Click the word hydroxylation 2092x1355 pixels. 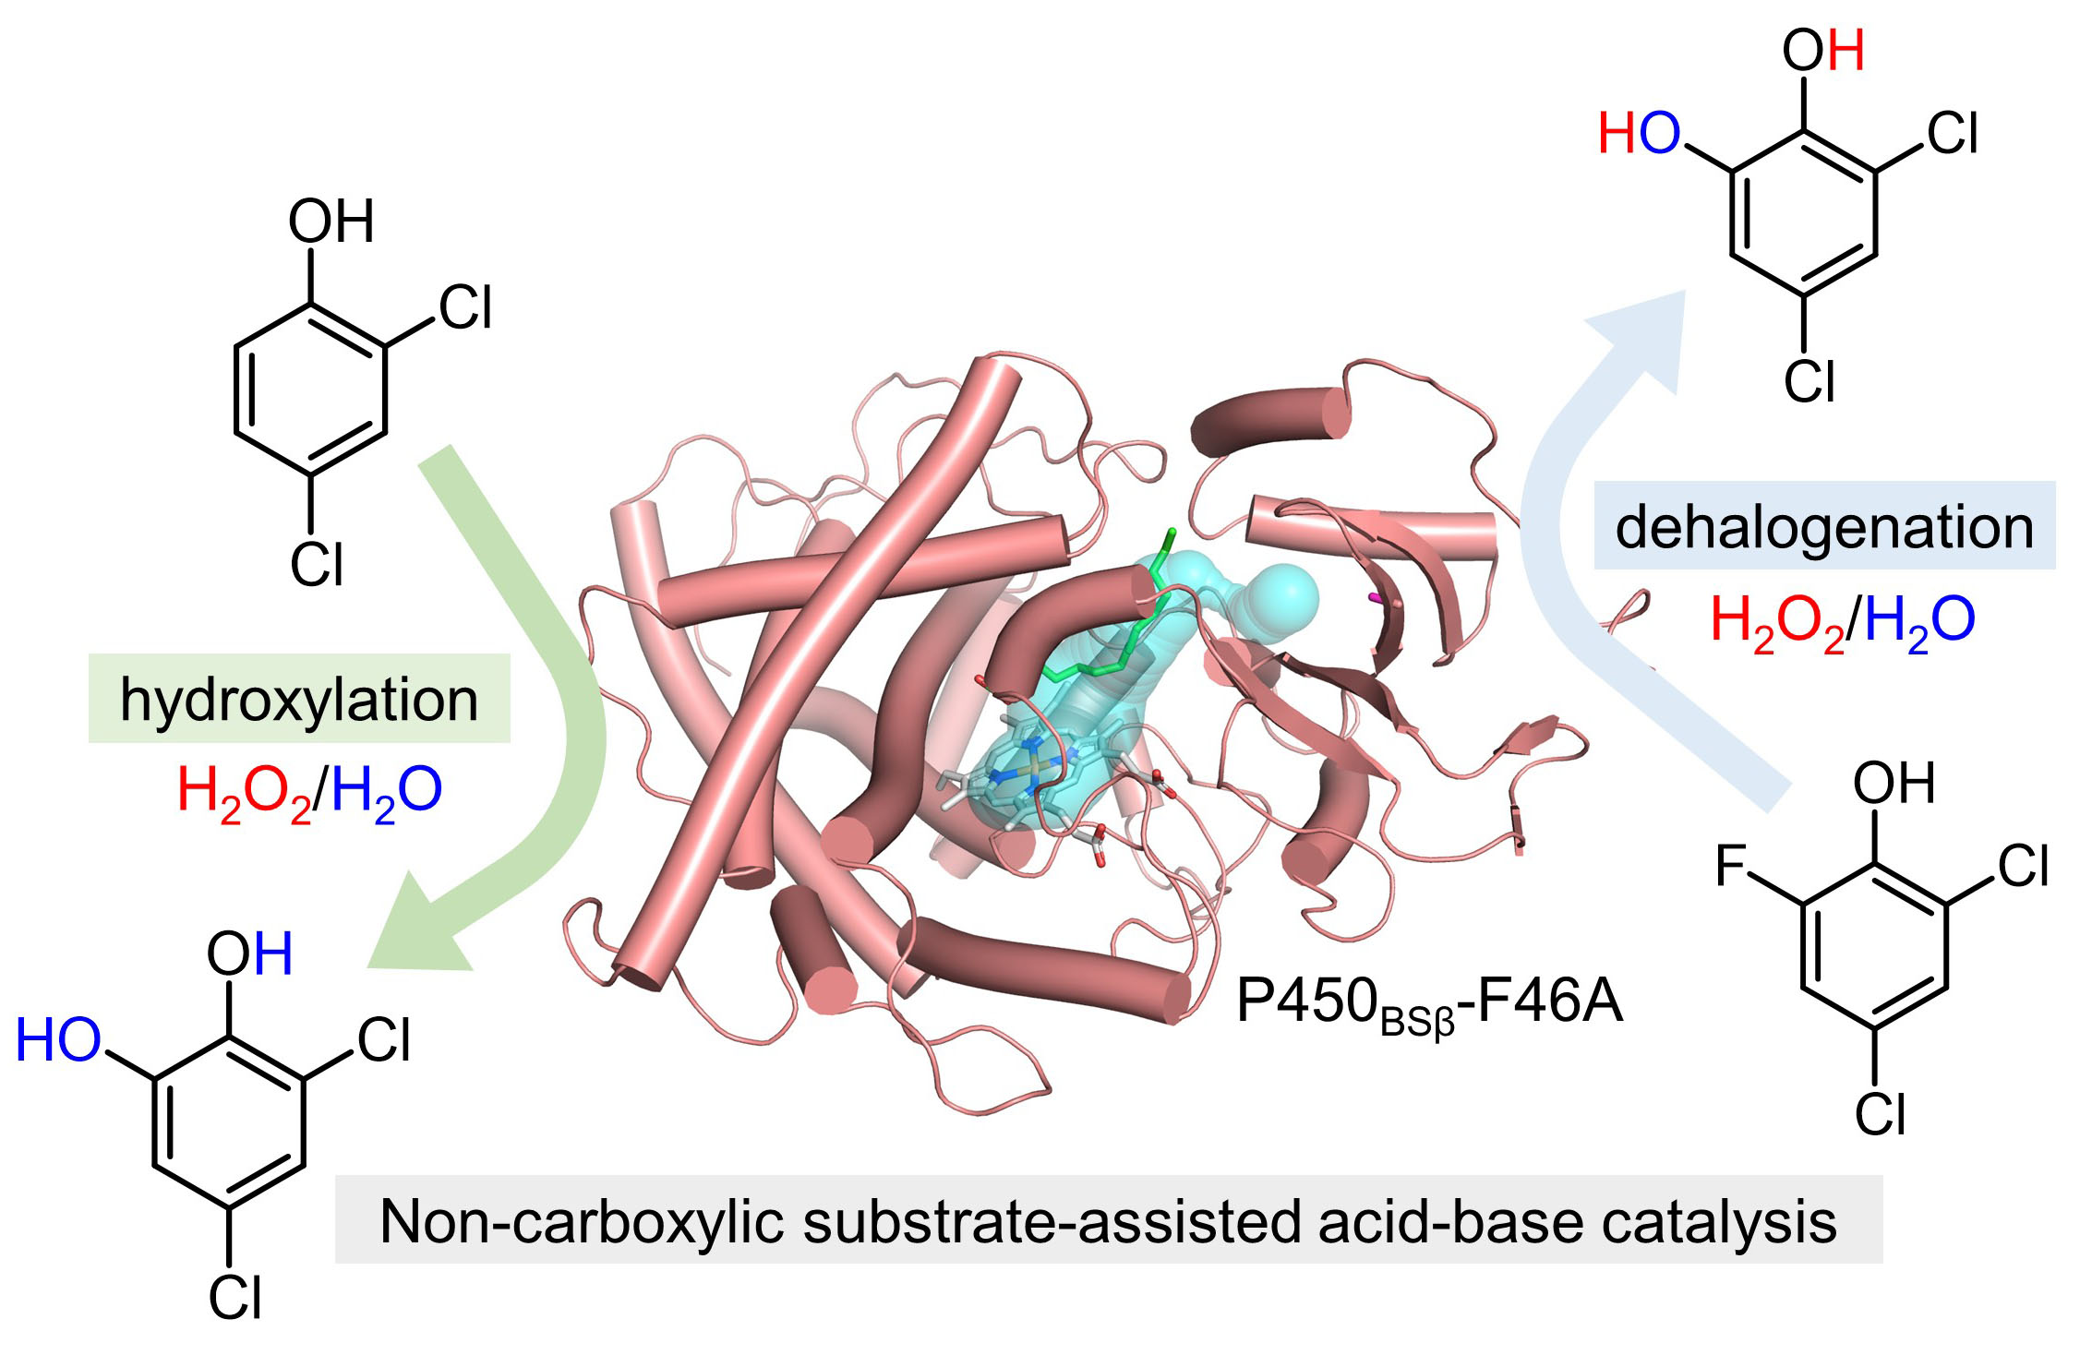299,701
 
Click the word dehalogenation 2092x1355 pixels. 1824,528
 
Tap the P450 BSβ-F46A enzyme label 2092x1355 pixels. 1429,1003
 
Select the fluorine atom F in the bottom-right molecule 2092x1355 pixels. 1731,866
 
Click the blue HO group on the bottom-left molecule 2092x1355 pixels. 58,1039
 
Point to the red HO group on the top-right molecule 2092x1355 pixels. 1639,133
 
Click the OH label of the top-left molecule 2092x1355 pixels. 331,222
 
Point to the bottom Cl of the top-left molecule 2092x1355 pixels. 317,565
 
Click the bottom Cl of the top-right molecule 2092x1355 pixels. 1809,381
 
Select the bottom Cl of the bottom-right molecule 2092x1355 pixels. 1881,1114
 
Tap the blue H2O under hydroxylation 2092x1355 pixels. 387,793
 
